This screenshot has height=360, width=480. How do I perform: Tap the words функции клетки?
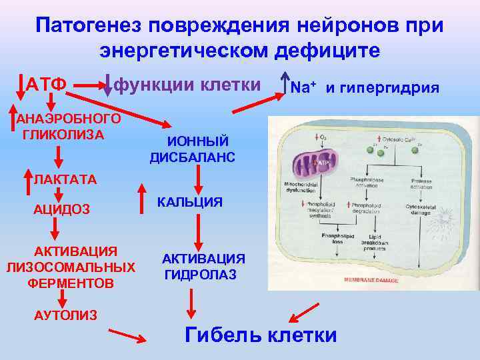tap(187, 85)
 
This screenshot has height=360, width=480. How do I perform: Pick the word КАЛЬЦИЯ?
tap(190, 202)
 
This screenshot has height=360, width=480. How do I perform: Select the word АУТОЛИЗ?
tap(65, 314)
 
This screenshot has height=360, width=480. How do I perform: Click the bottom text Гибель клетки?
tap(260, 334)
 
